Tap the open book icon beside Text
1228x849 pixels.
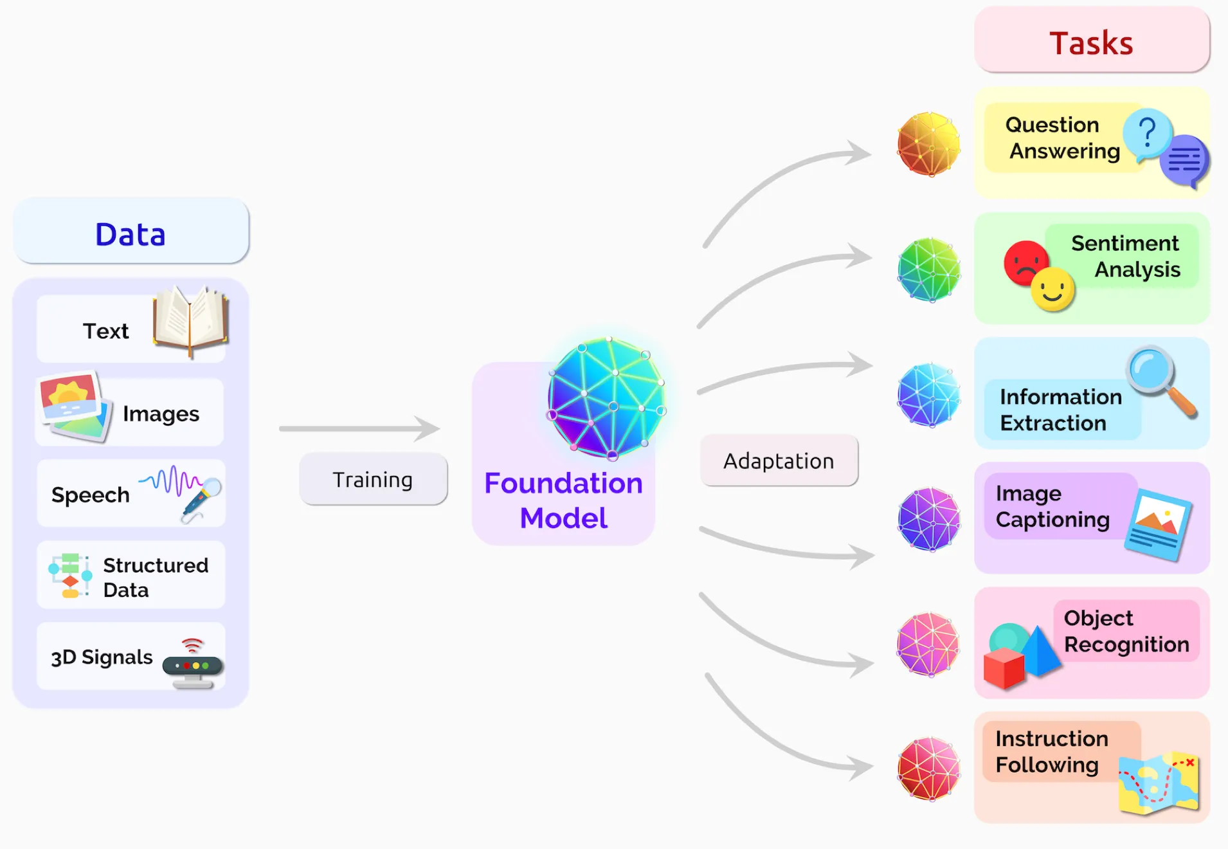pos(190,320)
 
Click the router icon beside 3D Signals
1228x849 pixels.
pos(192,665)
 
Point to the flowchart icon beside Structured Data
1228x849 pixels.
pos(70,575)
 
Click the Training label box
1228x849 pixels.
pos(373,480)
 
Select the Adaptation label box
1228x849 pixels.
pos(779,461)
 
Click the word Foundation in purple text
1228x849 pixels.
pos(563,483)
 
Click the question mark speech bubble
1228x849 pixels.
pos(1147,134)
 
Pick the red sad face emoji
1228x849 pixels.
pos(1025,262)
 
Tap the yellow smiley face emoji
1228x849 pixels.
pos(1052,289)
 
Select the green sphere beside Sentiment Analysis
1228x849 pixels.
pos(928,269)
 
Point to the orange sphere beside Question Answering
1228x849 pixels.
pos(928,144)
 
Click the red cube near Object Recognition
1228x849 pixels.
pos(1004,668)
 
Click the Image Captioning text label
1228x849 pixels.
pos(1052,507)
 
